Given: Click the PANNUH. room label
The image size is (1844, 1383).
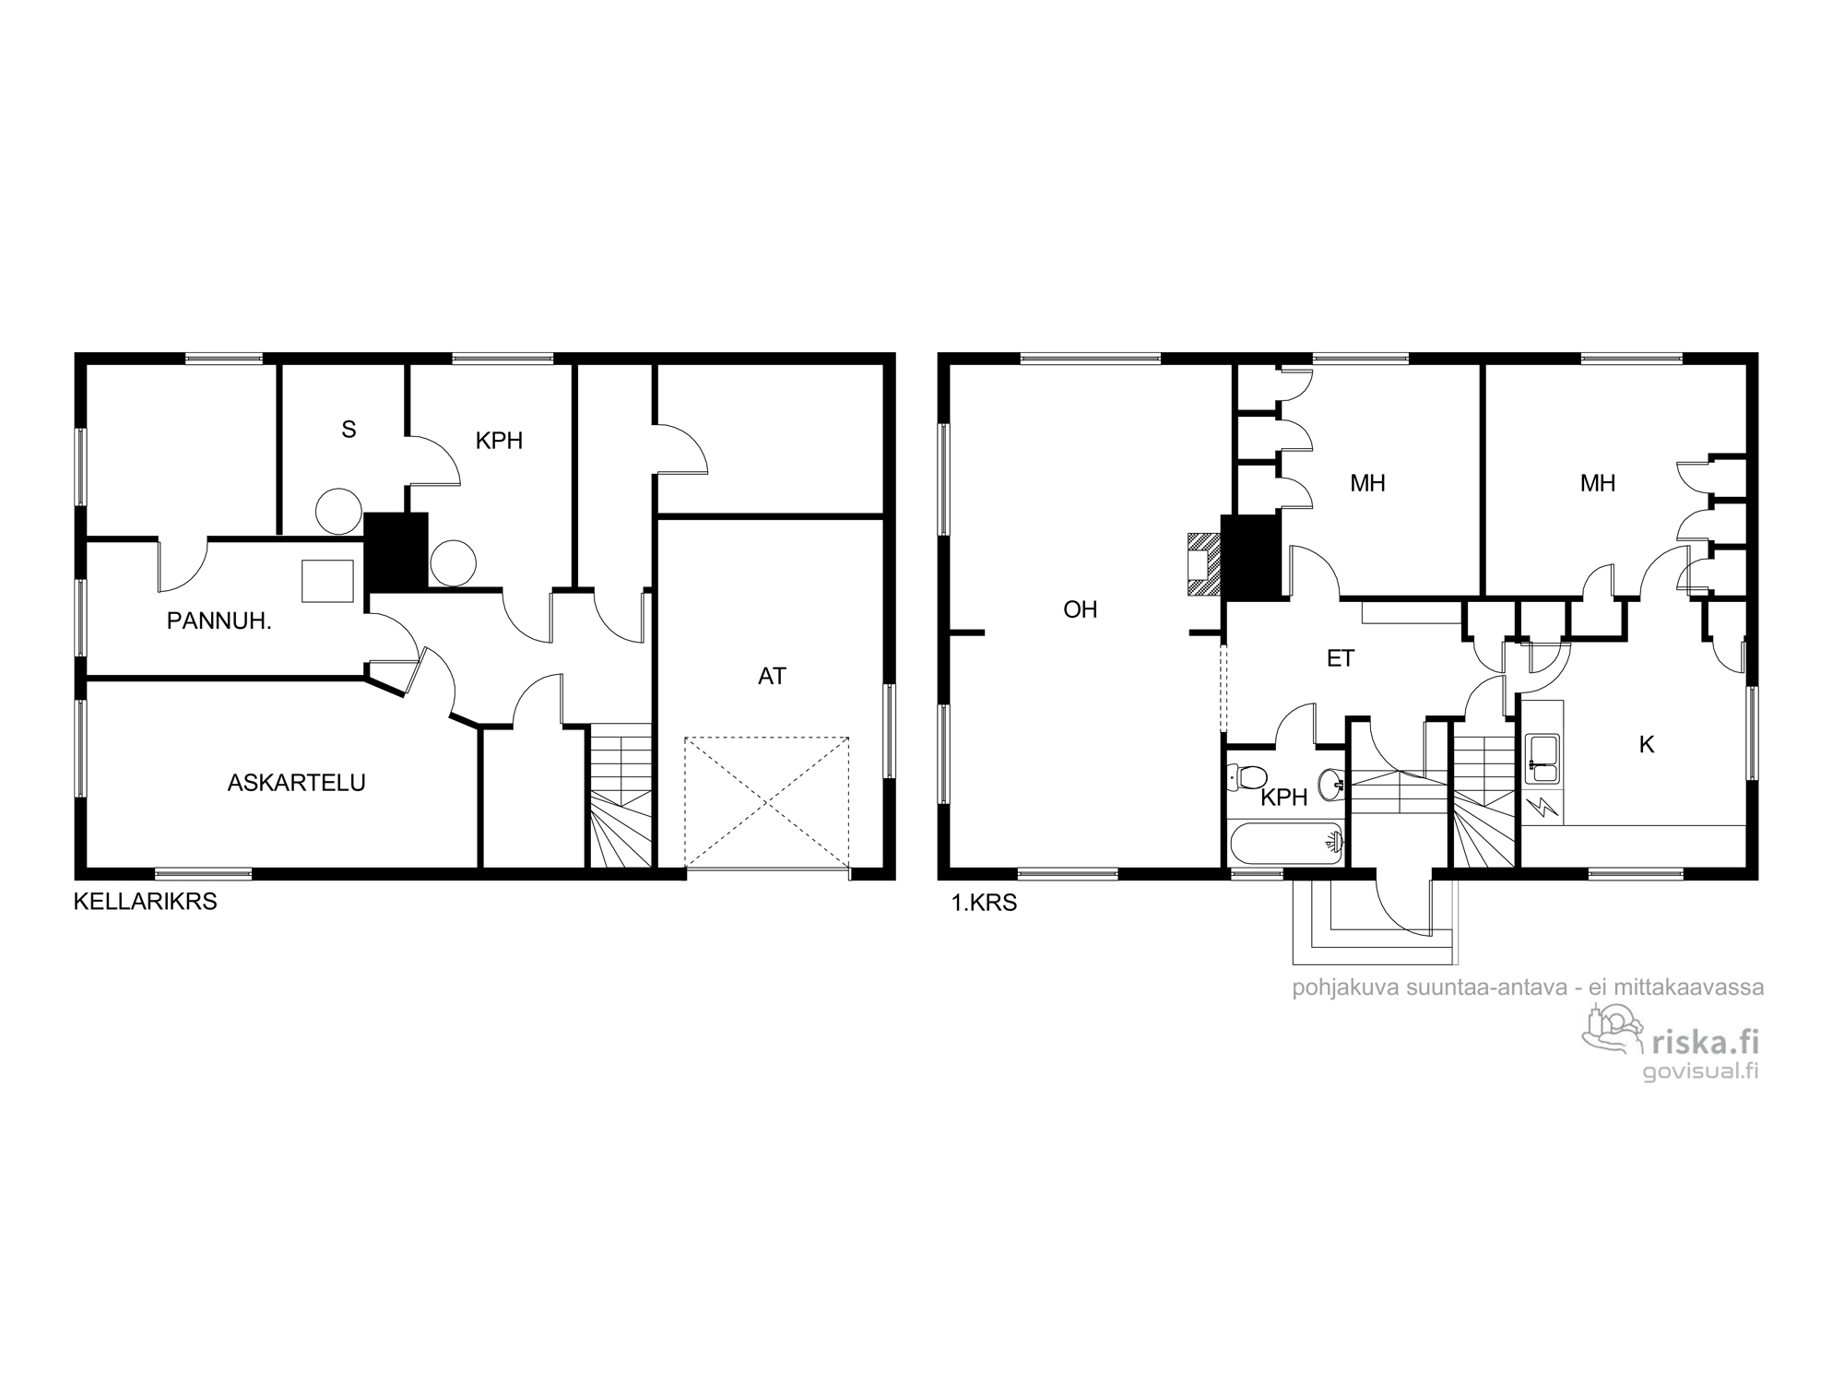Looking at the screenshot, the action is click(219, 621).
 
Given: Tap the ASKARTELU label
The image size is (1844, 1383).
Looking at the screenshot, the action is click(297, 783).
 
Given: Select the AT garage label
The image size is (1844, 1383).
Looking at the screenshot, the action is click(772, 677).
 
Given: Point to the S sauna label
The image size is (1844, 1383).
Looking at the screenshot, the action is click(349, 430).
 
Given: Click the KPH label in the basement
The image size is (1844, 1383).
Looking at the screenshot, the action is click(499, 442).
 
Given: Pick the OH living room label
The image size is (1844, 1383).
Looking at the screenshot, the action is click(1081, 609).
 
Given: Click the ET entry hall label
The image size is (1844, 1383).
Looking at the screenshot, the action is click(1341, 658).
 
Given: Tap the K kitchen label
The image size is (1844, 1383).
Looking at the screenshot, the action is click(1647, 745).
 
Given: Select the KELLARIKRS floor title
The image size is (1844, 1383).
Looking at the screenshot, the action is click(146, 902).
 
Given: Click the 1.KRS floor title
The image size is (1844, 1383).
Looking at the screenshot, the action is click(984, 904).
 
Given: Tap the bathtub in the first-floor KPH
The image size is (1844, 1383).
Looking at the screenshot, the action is click(1286, 844).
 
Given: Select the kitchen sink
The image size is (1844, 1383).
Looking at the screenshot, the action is click(1542, 760).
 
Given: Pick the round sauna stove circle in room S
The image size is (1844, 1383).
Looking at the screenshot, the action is click(338, 511).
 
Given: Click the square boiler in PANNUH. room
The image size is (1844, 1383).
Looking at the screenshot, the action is click(327, 581).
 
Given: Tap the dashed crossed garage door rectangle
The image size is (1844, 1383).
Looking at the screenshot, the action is click(766, 802).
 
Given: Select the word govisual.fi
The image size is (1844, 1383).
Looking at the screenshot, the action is click(1701, 1071).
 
